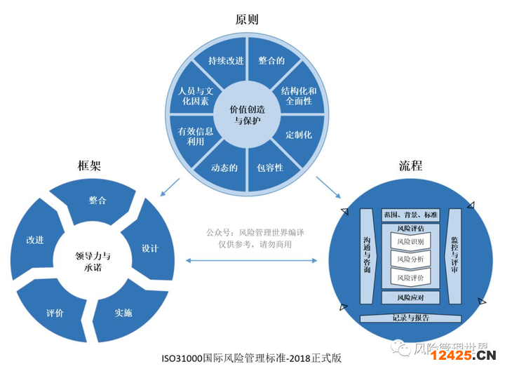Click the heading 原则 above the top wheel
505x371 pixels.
click(x=248, y=19)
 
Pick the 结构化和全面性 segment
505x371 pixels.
click(x=299, y=96)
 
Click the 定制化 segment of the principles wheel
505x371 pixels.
click(x=299, y=134)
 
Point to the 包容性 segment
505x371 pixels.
click(x=270, y=168)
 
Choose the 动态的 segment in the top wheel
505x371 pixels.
click(x=224, y=168)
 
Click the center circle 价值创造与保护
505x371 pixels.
click(x=248, y=115)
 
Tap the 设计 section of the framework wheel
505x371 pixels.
click(x=150, y=248)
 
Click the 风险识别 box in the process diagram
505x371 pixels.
click(x=410, y=242)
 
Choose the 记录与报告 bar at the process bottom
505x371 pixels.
click(x=410, y=318)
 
